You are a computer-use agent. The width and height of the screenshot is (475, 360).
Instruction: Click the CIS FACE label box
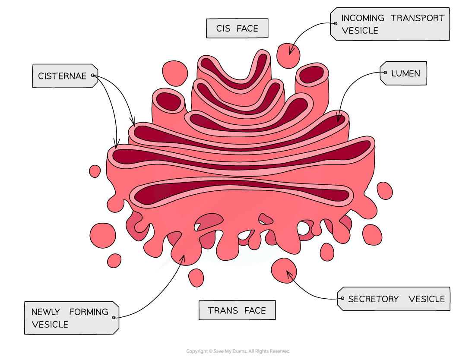point(237,28)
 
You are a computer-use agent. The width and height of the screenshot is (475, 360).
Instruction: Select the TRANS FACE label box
point(237,310)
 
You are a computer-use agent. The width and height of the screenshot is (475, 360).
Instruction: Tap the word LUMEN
point(405,73)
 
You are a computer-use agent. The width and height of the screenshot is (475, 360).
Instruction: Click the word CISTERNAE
point(62,76)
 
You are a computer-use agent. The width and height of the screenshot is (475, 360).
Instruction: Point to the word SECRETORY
point(373,299)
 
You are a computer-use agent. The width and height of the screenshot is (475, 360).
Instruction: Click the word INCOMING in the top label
point(363,18)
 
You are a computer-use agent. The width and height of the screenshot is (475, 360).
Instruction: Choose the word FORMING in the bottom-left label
point(89,312)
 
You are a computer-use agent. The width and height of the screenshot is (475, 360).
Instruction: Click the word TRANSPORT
point(418,18)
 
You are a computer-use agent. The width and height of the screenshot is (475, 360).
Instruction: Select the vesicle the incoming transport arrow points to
point(288,56)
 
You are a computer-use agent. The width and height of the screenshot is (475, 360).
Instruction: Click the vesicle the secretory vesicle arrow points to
point(284,271)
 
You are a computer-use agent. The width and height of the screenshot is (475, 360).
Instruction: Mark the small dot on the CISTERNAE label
point(93,76)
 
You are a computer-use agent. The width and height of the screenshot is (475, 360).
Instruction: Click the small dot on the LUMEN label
point(385,73)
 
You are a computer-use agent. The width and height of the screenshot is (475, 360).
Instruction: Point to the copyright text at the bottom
point(238,351)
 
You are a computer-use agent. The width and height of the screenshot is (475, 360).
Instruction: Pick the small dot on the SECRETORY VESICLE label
point(342,298)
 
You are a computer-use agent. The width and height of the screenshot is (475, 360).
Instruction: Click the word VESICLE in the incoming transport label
point(360,31)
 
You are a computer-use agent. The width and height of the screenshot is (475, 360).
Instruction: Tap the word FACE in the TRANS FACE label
point(255,311)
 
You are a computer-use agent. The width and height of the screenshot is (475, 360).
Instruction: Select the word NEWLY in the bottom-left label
point(46,312)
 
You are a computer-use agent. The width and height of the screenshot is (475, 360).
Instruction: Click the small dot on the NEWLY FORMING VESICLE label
point(114,317)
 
